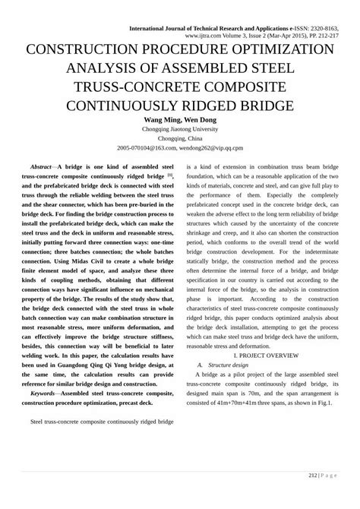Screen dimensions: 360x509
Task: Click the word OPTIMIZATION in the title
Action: point(279,49)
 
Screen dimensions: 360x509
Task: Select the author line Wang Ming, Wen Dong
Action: point(180,119)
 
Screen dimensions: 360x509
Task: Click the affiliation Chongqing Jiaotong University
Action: point(180,130)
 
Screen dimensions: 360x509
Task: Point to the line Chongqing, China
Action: point(180,140)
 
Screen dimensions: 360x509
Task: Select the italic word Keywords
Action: point(42,394)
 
